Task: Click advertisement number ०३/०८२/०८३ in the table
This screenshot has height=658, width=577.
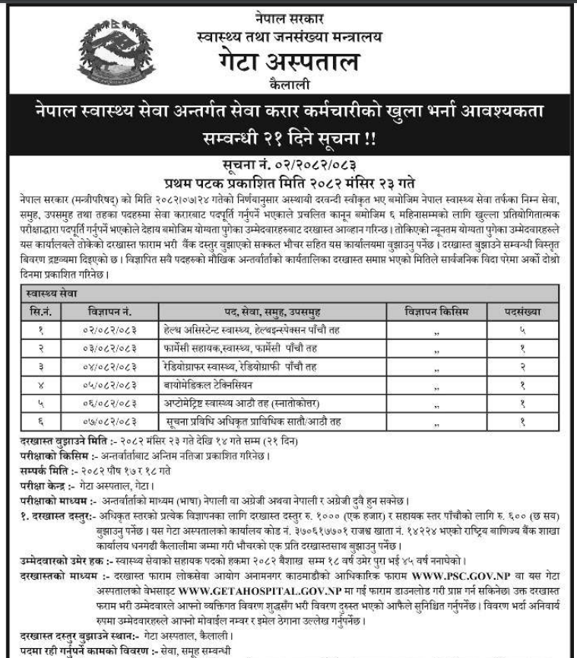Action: [109, 348]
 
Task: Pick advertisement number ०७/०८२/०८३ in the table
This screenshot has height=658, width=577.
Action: [109, 421]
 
